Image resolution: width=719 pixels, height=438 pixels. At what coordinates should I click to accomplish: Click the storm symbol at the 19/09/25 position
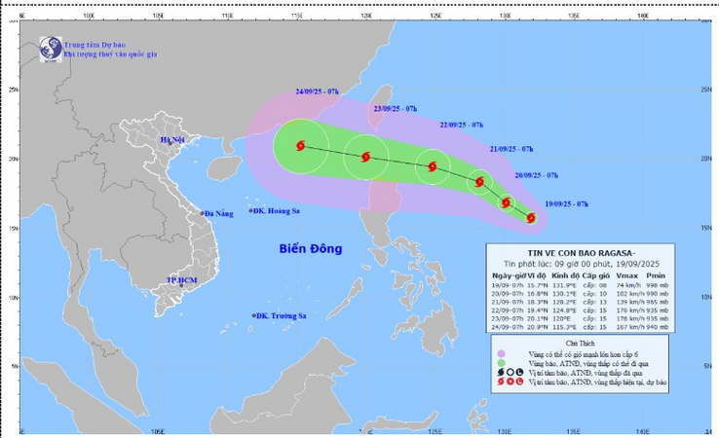[531, 217]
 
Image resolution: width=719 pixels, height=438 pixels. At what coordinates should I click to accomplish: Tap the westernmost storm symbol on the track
[299, 146]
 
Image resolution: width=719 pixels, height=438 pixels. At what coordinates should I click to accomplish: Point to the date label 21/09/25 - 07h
[511, 149]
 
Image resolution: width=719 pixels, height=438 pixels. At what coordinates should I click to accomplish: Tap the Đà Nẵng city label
[219, 213]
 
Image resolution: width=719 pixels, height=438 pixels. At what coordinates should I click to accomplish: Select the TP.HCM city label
[182, 280]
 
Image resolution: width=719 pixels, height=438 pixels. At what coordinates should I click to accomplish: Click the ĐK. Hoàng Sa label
[278, 211]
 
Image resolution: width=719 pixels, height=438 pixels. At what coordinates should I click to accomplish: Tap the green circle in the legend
[501, 363]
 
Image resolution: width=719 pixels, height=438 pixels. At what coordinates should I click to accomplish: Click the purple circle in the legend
[501, 353]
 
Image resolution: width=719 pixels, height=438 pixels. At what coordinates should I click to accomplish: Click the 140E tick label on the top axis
[642, 16]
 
